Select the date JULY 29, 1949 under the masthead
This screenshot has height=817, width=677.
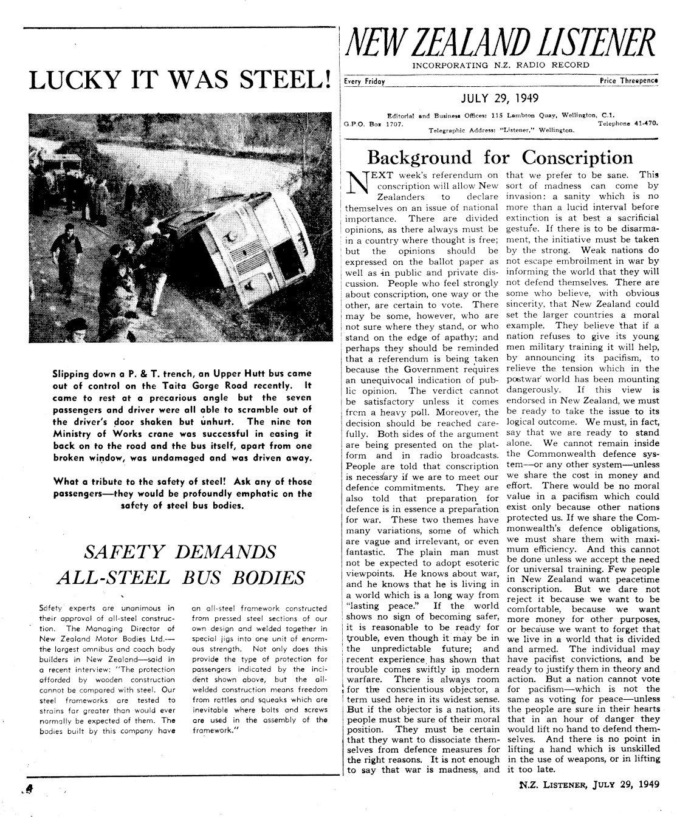pyautogui.click(x=500, y=97)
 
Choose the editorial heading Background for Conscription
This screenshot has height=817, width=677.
pyautogui.click(x=500, y=157)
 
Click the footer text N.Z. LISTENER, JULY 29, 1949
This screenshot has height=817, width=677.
pyautogui.click(x=588, y=784)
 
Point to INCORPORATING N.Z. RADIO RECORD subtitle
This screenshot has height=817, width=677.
pyautogui.click(x=500, y=65)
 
